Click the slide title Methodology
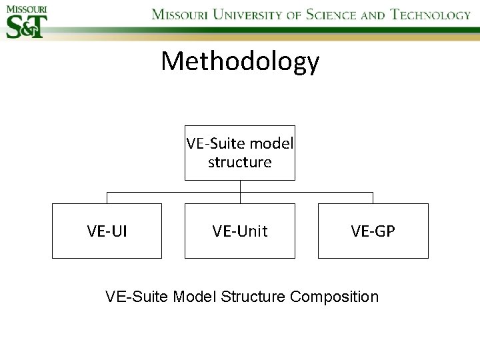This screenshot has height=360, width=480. pyautogui.click(x=240, y=61)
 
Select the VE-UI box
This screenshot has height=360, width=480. pyautogui.click(x=107, y=231)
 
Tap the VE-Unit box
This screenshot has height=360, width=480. pyautogui.click(x=239, y=231)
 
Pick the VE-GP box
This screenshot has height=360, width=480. pyautogui.click(x=373, y=231)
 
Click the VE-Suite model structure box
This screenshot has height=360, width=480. pyautogui.click(x=239, y=153)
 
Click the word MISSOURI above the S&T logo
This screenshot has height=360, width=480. pyautogui.click(x=26, y=9)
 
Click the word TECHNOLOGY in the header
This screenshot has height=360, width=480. pyautogui.click(x=430, y=15)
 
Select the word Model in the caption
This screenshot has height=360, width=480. pyautogui.click(x=195, y=296)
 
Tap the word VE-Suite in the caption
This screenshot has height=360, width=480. pyautogui.click(x=137, y=296)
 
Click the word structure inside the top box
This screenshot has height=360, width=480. pyautogui.click(x=239, y=162)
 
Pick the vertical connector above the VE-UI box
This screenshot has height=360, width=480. pyautogui.click(x=107, y=198)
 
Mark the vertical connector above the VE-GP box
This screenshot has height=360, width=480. pyautogui.click(x=373, y=198)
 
